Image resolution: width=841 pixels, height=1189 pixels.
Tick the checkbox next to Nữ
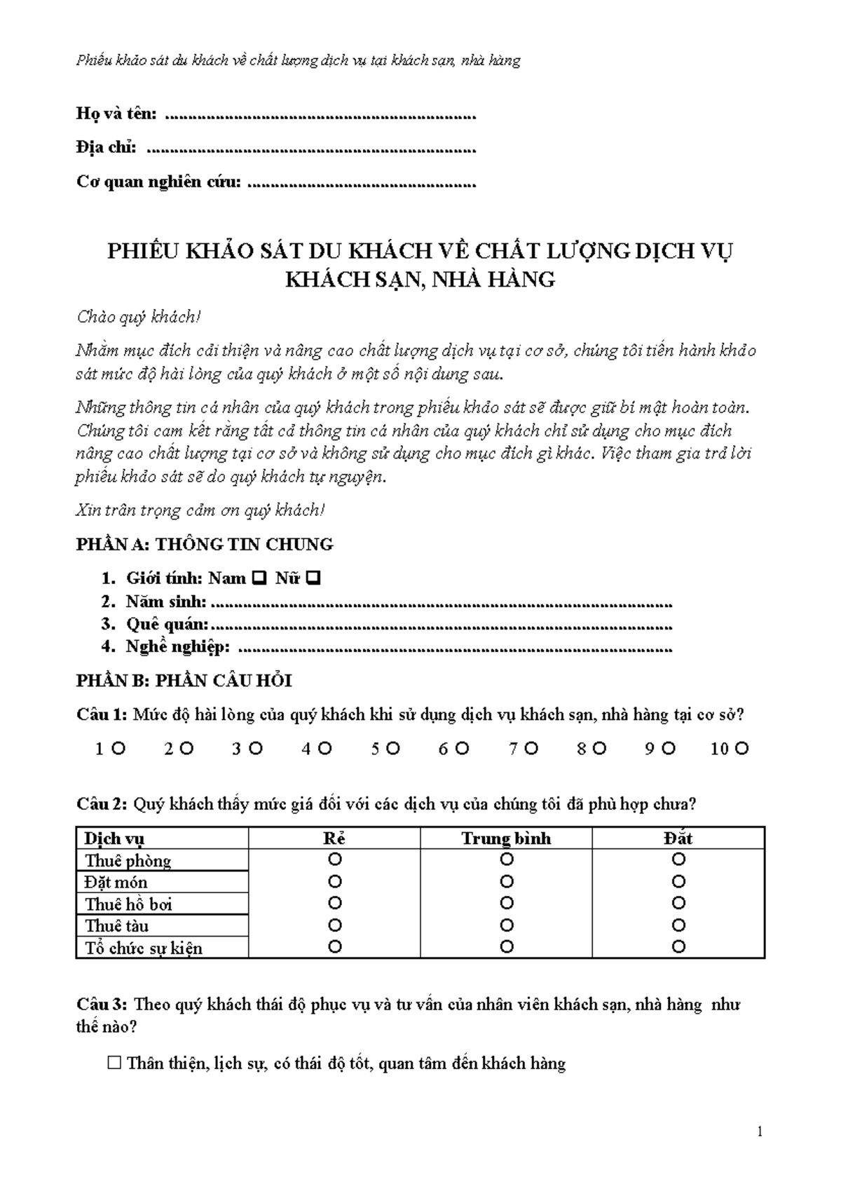(313, 579)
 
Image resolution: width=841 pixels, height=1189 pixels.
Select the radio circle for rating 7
(531, 749)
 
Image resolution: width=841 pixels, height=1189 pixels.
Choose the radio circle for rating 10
(742, 749)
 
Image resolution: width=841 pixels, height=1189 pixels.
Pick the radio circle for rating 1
(118, 749)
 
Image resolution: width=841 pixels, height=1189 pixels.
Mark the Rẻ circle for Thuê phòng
(335, 859)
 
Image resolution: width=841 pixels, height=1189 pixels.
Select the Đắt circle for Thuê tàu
(678, 925)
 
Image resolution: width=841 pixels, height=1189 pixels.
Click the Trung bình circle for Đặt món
(507, 881)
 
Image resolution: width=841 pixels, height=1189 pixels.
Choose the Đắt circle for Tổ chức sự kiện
(678, 947)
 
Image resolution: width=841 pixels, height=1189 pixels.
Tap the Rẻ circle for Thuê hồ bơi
(335, 903)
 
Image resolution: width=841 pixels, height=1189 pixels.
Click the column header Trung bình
(506, 838)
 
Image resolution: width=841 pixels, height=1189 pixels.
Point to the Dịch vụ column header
(114, 838)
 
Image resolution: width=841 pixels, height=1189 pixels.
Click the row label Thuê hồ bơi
(128, 904)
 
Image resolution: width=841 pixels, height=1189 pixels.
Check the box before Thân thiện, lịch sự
(115, 1064)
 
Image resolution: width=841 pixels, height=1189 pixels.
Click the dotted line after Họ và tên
(320, 116)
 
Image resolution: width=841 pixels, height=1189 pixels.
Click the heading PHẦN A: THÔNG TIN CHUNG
(205, 544)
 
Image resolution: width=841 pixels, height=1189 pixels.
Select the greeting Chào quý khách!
(139, 318)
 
